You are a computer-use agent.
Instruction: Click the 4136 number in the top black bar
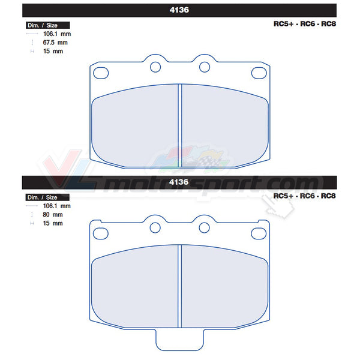point(179,10)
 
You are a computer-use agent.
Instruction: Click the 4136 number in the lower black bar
point(179,182)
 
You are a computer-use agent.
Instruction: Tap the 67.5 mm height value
point(55,43)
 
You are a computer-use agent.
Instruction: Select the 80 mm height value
point(53,214)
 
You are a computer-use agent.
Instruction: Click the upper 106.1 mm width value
point(57,34)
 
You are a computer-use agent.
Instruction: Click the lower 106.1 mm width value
point(57,206)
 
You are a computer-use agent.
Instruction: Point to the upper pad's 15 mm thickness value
point(53,51)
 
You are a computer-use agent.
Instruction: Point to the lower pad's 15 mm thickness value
point(53,223)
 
